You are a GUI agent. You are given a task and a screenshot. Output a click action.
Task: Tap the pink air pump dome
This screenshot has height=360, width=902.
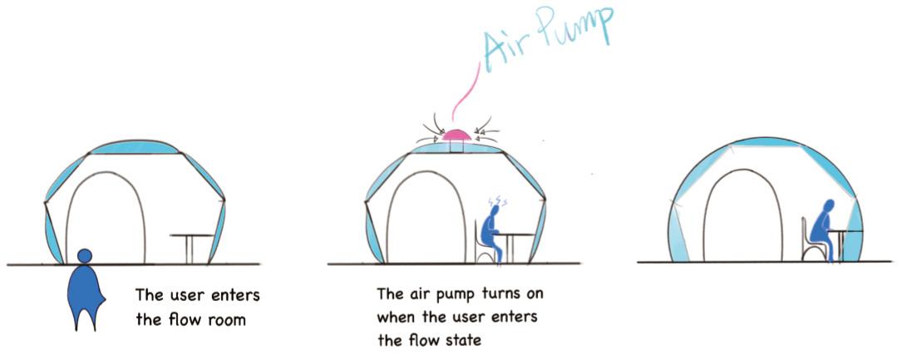coord(455,134)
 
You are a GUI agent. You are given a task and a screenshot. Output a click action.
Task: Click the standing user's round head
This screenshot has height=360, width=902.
coord(84,256)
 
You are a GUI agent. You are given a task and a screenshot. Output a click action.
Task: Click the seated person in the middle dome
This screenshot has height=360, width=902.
coord(495,234)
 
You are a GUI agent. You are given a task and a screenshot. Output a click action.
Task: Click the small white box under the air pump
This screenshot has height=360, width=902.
coord(455,147)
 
